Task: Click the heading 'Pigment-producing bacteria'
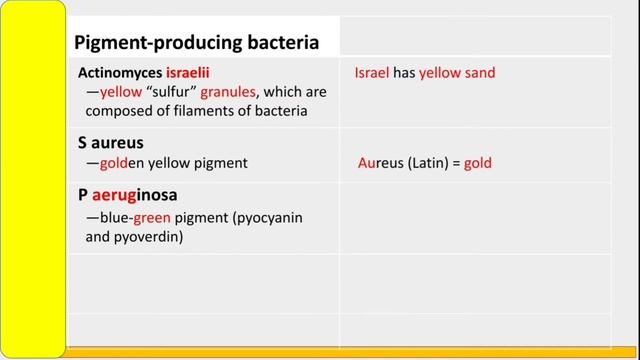tap(197, 42)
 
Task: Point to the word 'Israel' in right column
tap(371, 73)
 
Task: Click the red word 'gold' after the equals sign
tap(478, 162)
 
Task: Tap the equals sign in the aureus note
tap(455, 162)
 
